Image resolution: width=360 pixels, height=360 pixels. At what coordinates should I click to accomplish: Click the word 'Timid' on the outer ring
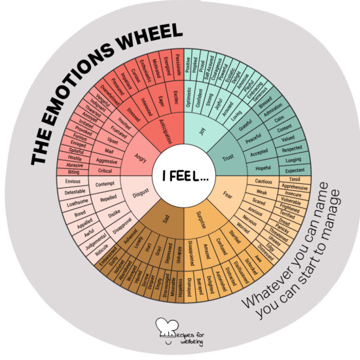[296, 179]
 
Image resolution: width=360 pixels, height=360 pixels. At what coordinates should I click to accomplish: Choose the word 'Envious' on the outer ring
[73, 181]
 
